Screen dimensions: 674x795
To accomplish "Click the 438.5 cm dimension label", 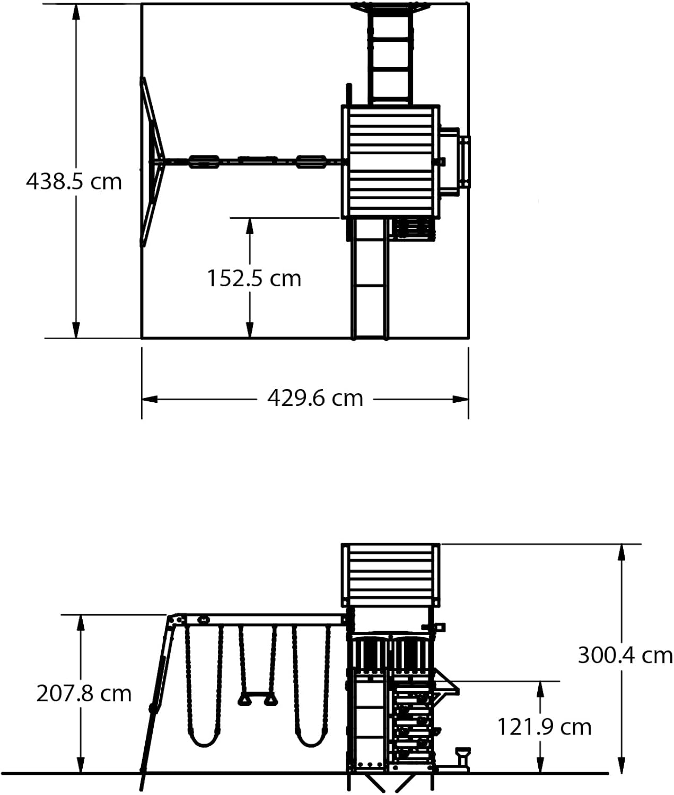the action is coord(74,182).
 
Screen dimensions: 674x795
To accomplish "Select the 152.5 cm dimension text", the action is coord(254,278).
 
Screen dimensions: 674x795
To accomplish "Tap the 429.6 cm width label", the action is coord(315,398).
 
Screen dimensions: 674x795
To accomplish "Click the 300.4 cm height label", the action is coord(626,656).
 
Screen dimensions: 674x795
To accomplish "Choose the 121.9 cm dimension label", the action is coord(544,727).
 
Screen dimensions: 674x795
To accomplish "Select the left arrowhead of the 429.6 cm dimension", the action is coord(150,399).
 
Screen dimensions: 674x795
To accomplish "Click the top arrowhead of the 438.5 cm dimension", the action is coord(76,12).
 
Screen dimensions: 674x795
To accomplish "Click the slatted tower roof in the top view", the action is coord(390,162).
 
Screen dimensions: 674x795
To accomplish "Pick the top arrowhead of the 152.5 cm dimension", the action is coord(250,226).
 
